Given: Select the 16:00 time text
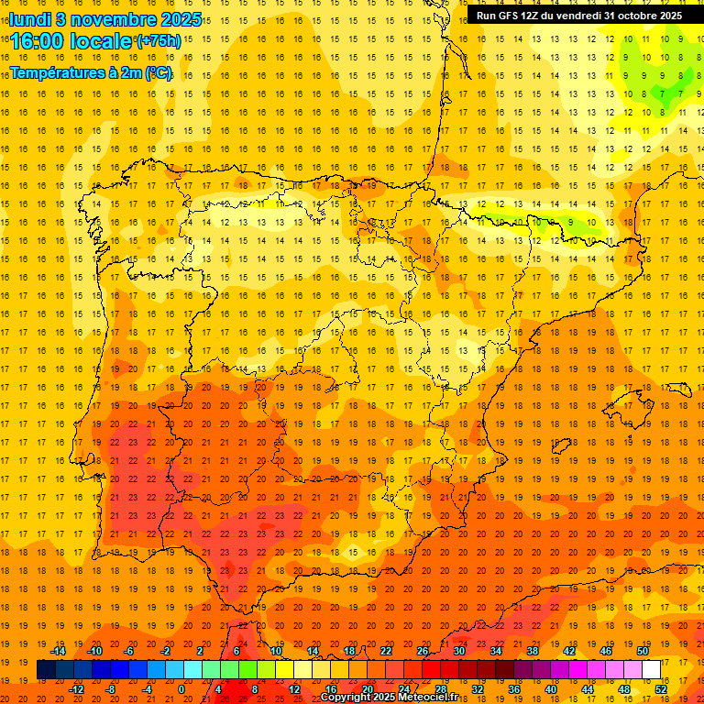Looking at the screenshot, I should coord(38,40).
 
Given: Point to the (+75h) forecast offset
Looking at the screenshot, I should coord(159,40).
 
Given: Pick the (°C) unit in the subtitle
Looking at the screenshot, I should coord(158,72).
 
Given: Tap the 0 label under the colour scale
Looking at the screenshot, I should coord(181,689).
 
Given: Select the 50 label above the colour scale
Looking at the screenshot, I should coord(643,651).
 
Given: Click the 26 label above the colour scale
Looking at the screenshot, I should coord(423,651).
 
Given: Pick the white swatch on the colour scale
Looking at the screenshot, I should coord(652,670).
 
